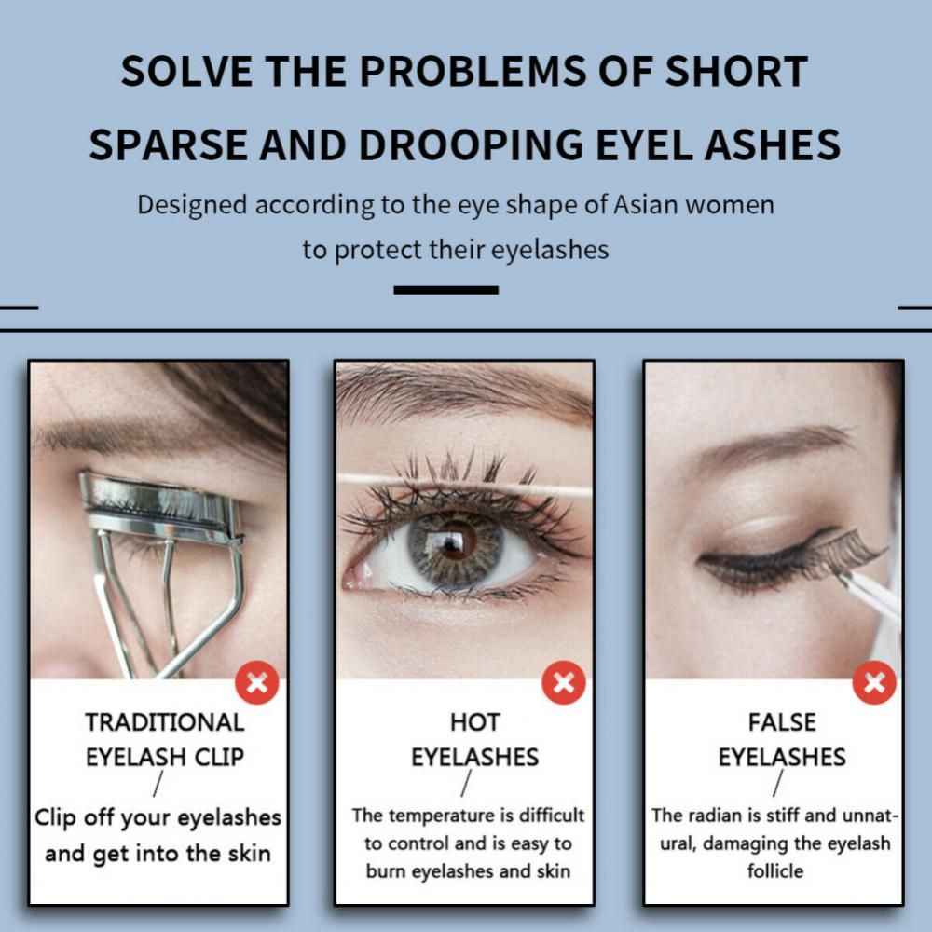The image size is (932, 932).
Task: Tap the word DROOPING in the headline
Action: pyautogui.click(x=471, y=145)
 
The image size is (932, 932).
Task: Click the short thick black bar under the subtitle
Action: pyautogui.click(x=445, y=290)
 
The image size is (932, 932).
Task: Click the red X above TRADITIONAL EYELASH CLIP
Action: pyautogui.click(x=257, y=682)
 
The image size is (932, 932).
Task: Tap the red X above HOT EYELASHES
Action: pyautogui.click(x=564, y=682)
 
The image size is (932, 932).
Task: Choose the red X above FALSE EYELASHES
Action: pyautogui.click(x=874, y=682)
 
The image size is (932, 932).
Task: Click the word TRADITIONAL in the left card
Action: pyautogui.click(x=165, y=722)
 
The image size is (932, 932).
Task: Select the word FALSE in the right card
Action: pyautogui.click(x=782, y=722)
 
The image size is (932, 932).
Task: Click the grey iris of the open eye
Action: pyautogui.click(x=455, y=547)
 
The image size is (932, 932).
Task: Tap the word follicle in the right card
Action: pyautogui.click(x=775, y=871)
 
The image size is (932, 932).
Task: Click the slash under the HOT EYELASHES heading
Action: pyautogui.click(x=466, y=784)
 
